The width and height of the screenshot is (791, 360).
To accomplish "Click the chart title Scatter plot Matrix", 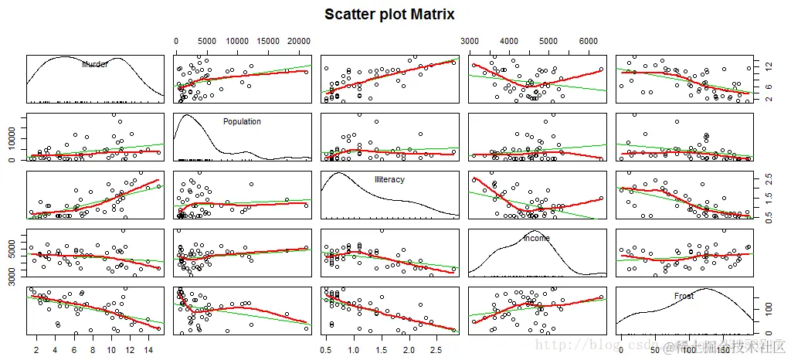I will tap(389, 15).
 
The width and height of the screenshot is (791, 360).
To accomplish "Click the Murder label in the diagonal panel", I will tap(95, 65).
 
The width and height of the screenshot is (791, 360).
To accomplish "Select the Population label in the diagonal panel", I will tap(242, 122).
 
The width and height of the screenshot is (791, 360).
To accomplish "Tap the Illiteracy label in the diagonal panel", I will tap(389, 179).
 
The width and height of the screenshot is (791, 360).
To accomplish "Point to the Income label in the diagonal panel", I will tap(537, 238).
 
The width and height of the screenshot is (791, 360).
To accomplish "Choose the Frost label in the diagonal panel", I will tap(684, 296).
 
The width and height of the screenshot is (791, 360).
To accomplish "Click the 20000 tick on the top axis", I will tap(297, 41).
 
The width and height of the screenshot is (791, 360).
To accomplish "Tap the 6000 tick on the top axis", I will tap(589, 41).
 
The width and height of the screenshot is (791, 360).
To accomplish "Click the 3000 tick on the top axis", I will tap(470, 41).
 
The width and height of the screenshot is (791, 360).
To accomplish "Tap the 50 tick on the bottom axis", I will tap(657, 347).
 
